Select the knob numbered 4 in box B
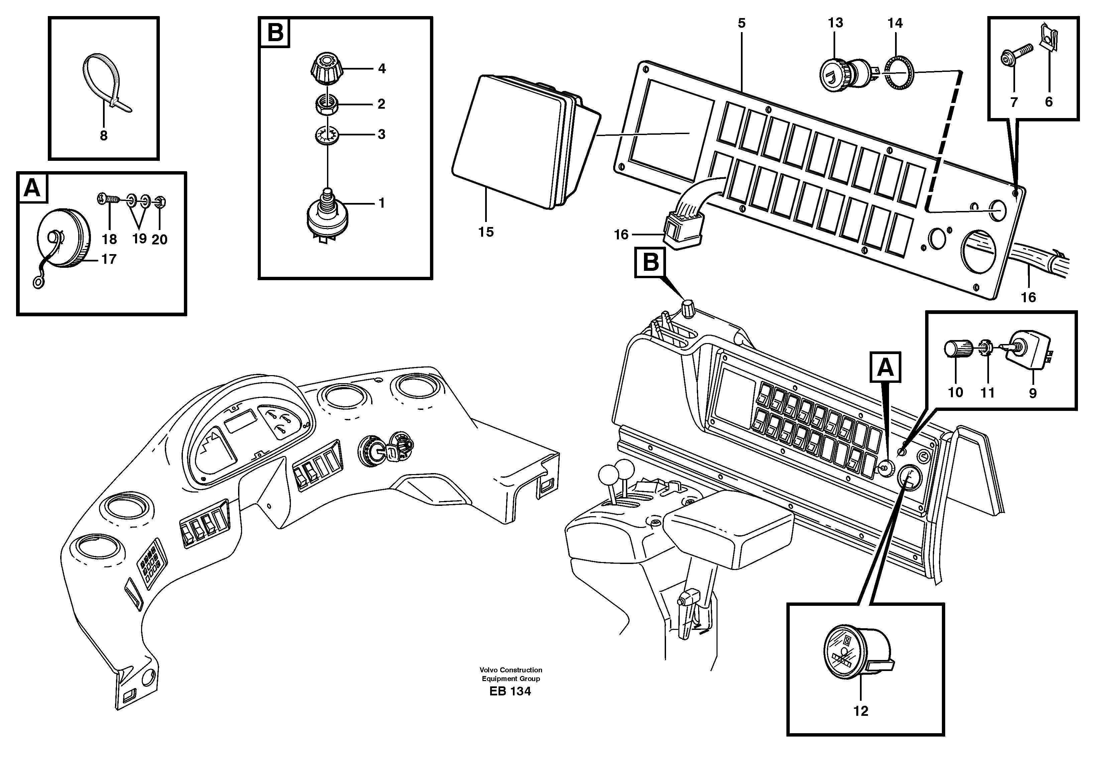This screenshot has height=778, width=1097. click(x=327, y=69)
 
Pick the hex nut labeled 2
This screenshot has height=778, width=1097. click(x=327, y=104)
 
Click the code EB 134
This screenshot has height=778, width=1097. click(x=510, y=691)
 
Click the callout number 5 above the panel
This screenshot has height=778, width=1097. click(x=742, y=23)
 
